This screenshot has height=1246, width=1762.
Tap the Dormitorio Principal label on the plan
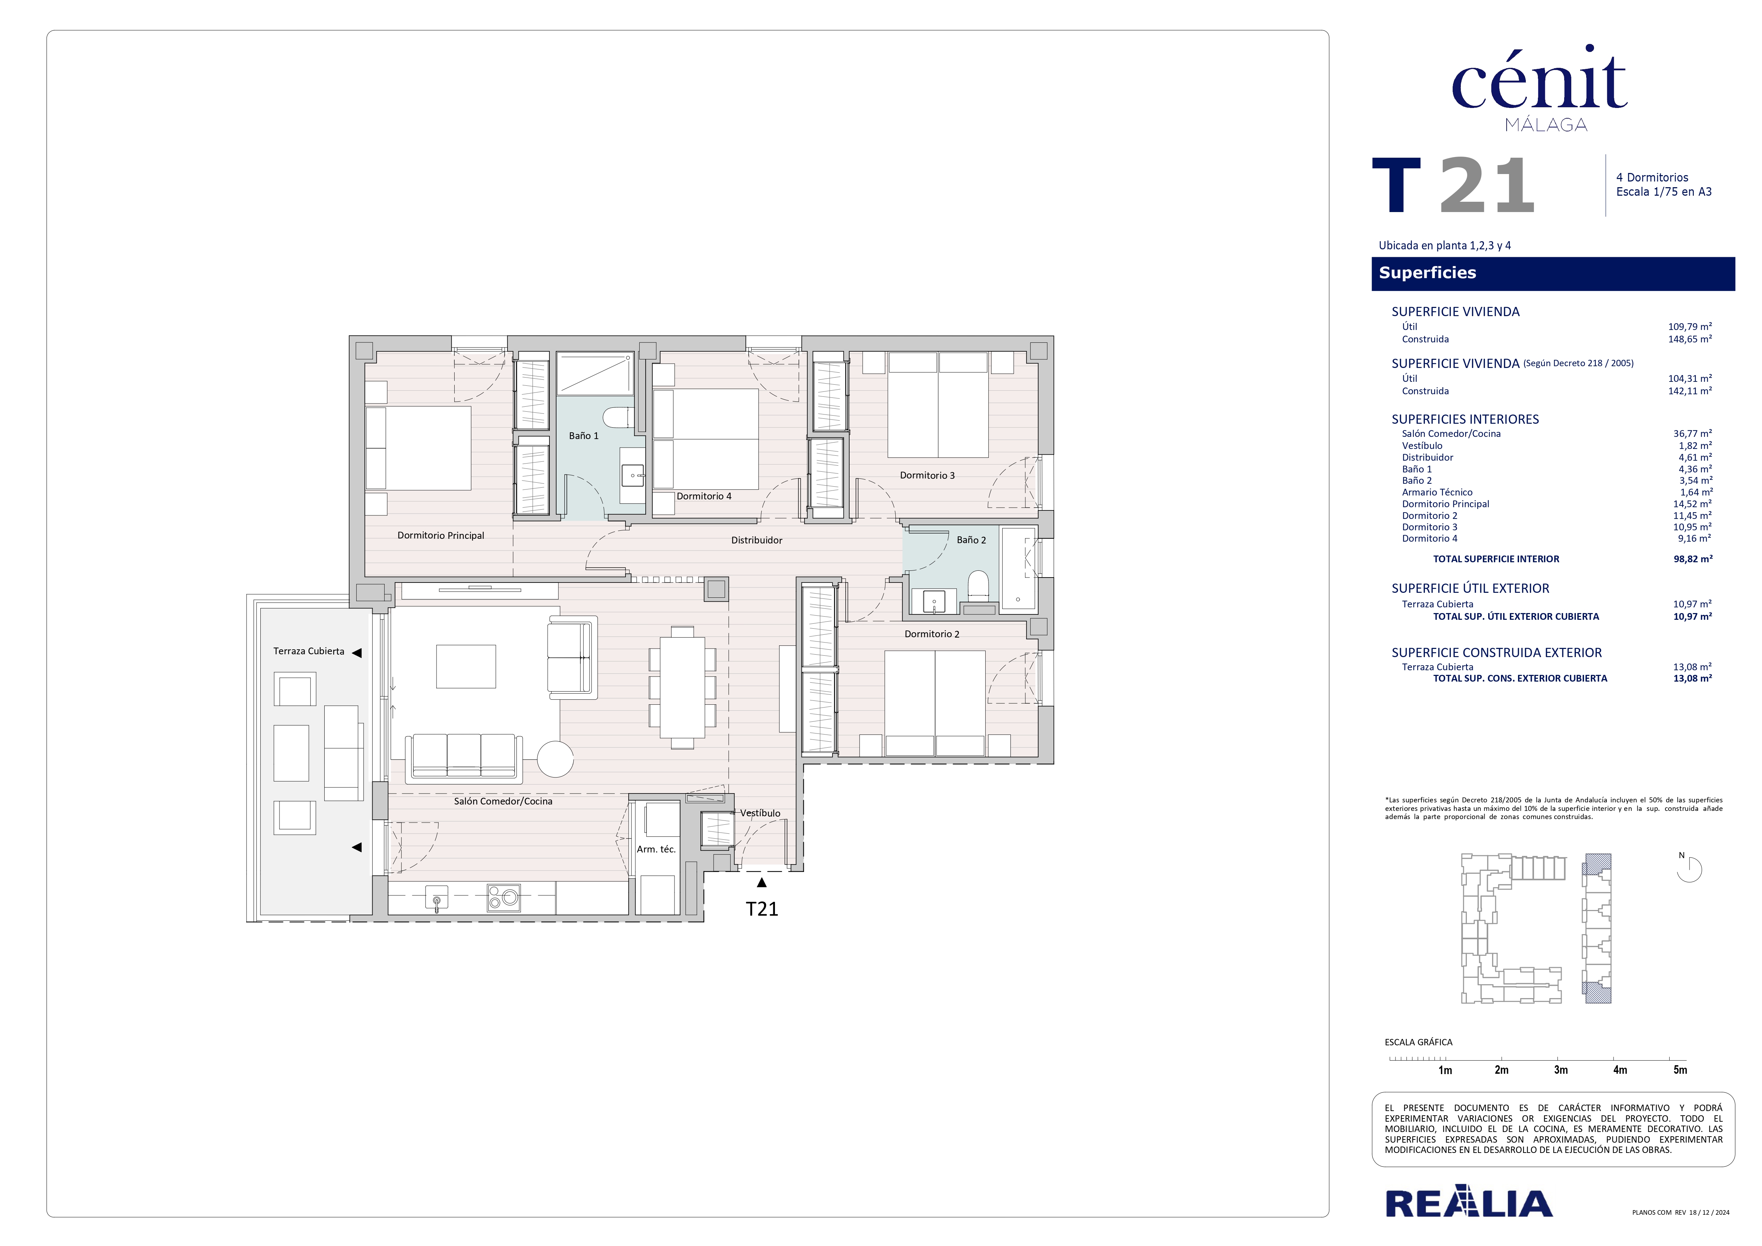440,536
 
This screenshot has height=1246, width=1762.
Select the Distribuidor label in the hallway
757,540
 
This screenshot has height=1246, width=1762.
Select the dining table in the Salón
682,687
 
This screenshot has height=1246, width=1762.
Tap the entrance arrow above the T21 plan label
761,882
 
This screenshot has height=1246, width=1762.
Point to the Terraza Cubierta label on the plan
309,651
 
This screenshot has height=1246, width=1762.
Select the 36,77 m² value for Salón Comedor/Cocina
1692,433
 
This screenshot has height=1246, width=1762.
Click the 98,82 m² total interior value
1692,559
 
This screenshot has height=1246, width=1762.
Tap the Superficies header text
1427,272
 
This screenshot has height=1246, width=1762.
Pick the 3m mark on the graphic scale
1560,1069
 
